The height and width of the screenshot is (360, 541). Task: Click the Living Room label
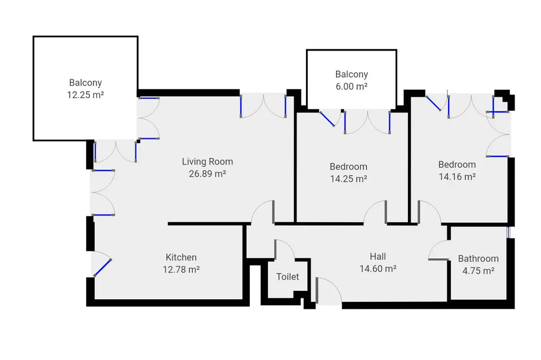pyautogui.click(x=207, y=162)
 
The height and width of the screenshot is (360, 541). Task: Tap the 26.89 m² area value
pyautogui.click(x=207, y=174)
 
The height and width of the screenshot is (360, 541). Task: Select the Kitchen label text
pyautogui.click(x=181, y=257)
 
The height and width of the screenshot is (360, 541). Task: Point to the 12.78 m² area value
pyautogui.click(x=181, y=269)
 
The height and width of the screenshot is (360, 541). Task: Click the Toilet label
pyautogui.click(x=288, y=277)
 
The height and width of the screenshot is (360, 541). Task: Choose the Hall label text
pyautogui.click(x=378, y=257)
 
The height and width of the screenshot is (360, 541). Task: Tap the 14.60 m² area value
pyautogui.click(x=378, y=269)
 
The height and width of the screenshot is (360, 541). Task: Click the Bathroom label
pyautogui.click(x=478, y=259)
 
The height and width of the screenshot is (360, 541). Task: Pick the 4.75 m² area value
pyautogui.click(x=478, y=271)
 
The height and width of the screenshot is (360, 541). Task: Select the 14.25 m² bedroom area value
pyautogui.click(x=349, y=179)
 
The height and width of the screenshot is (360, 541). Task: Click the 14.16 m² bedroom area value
pyautogui.click(x=457, y=176)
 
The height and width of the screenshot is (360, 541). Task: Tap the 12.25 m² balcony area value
pyautogui.click(x=86, y=95)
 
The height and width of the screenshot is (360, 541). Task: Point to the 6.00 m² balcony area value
pyautogui.click(x=351, y=86)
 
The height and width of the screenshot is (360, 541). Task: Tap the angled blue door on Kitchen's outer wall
pyautogui.click(x=102, y=267)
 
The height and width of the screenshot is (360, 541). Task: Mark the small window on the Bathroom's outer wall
pyautogui.click(x=509, y=232)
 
